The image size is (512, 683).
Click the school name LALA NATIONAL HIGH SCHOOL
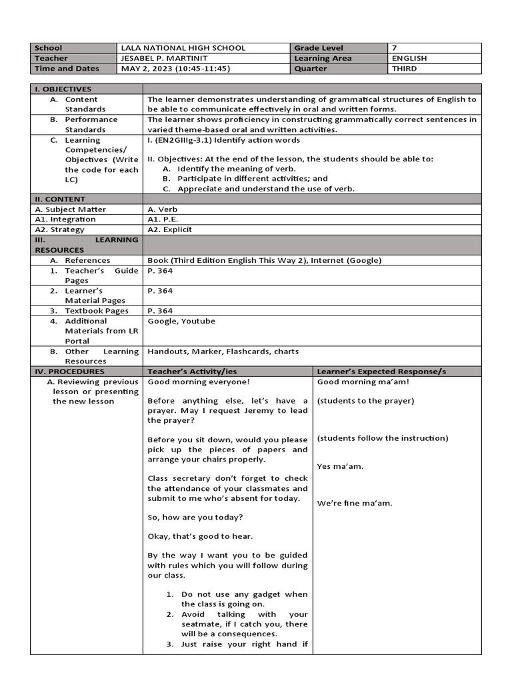183,48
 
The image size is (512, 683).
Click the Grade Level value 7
395,48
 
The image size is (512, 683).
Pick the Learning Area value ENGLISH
409,58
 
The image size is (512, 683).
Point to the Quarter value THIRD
405,69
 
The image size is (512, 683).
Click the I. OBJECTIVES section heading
63,89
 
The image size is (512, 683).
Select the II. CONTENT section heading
60,199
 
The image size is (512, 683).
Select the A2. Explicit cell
170,229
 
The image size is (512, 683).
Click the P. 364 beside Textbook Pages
160,311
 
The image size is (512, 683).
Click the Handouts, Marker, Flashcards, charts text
223,352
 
